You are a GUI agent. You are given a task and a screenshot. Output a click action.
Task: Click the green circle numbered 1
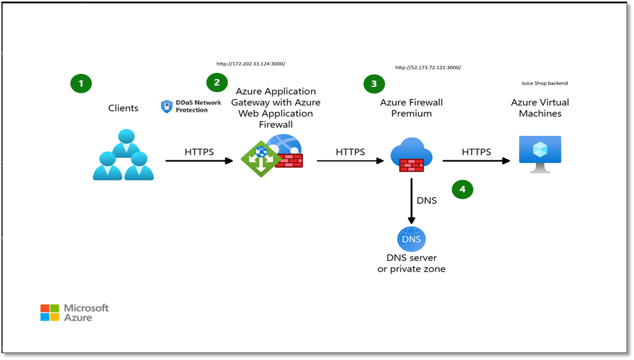pos(81,83)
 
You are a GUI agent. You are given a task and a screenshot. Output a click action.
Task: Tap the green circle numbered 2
pos(216,82)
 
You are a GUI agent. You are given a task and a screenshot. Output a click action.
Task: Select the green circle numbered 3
pos(374,84)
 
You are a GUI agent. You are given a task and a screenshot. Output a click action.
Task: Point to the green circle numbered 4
pos(462,189)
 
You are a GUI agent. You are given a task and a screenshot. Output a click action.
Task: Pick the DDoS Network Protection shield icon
pos(166,106)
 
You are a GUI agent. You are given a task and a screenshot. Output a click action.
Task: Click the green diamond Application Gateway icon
pos(260,159)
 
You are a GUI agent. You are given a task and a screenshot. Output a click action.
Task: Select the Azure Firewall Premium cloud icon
pos(411,155)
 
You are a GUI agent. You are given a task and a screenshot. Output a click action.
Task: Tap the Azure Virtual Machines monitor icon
pos(539,153)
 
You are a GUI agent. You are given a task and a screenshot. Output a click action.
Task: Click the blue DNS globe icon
pos(411,239)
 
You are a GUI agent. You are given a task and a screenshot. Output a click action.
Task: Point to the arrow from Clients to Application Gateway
pos(199,161)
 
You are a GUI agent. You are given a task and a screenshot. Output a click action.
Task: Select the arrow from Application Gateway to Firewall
pos(350,161)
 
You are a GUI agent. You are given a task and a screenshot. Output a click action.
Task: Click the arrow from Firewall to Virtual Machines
pos(476,161)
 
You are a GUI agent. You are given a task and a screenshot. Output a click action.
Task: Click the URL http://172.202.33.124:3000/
pos(251,63)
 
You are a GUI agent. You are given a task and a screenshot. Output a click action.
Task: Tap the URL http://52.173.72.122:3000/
pos(428,67)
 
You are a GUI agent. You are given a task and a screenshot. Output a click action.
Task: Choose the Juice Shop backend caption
pos(545,83)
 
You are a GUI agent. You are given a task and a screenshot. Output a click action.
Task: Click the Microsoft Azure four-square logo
pos(50,312)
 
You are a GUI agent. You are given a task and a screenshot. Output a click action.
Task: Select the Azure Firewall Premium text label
pos(411,108)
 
